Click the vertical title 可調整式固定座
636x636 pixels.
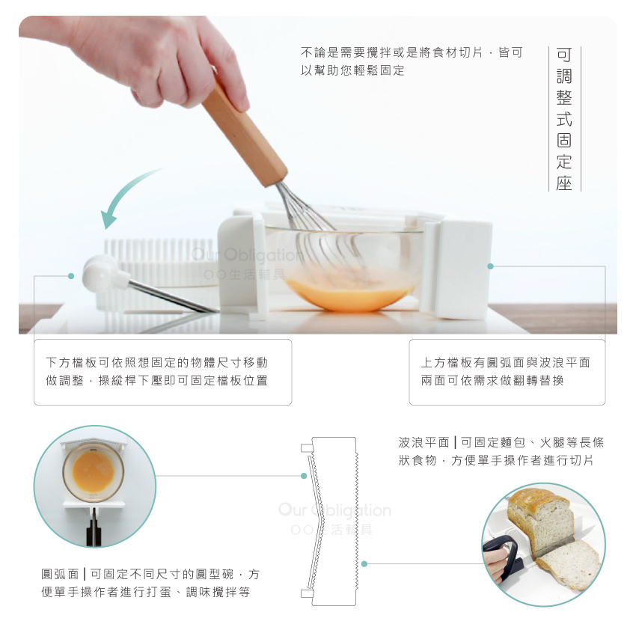coord(564,118)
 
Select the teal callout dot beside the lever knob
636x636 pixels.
coord(71,276)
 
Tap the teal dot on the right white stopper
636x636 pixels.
coord(490,266)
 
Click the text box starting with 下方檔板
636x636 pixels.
coord(162,372)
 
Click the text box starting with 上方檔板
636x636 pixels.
coord(507,372)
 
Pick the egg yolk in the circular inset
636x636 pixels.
coord(94,471)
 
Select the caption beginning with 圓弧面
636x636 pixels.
coord(150,583)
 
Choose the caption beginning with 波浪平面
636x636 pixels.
coord(501,451)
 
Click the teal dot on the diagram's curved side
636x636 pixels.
coord(304,476)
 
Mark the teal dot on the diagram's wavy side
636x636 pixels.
coord(364,564)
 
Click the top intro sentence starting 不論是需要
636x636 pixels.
coord(412,61)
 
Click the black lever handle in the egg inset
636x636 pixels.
coord(94,528)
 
